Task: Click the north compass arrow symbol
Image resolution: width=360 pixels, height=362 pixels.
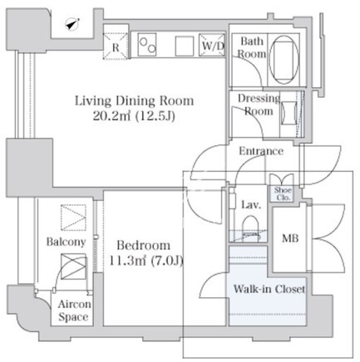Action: (72, 24)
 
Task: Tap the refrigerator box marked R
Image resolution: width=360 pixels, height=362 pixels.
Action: (116, 46)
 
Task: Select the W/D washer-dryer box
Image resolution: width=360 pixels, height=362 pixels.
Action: (212, 45)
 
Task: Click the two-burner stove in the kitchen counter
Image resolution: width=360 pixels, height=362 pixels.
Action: (147, 45)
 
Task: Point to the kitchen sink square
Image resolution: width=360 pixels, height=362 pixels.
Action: (185, 46)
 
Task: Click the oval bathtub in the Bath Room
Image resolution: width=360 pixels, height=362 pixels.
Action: (284, 60)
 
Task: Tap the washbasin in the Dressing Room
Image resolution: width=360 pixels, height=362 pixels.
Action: (289, 114)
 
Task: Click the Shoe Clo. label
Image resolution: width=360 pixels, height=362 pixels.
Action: (283, 193)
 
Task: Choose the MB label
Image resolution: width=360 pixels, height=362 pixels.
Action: (290, 238)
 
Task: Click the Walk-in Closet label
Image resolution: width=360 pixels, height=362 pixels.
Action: (269, 289)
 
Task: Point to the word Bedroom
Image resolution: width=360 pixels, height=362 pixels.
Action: (144, 245)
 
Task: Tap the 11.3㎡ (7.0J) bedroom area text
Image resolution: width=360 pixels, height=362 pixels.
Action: (145, 261)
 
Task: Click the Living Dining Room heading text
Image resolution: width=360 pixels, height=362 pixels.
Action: (135, 100)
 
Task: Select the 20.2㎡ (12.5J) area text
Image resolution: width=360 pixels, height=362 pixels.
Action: (134, 116)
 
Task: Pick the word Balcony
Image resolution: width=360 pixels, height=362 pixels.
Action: (66, 242)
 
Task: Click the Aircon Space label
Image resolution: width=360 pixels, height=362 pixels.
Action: (74, 311)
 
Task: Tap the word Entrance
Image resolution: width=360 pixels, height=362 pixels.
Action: (261, 151)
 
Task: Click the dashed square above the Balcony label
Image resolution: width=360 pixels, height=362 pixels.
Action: (73, 218)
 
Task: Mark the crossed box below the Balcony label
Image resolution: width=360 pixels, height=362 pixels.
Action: (73, 267)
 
